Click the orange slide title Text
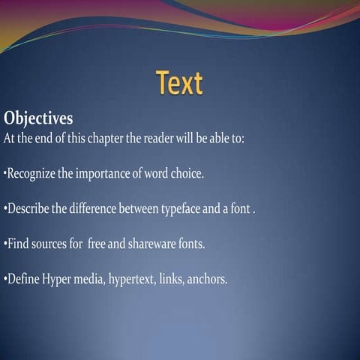point(179,82)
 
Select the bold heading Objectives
point(38,118)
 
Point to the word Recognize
point(31,174)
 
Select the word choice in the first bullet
point(187,174)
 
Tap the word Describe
point(28,208)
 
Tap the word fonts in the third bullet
point(189,244)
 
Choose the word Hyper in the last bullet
point(56,280)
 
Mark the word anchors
point(210,280)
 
